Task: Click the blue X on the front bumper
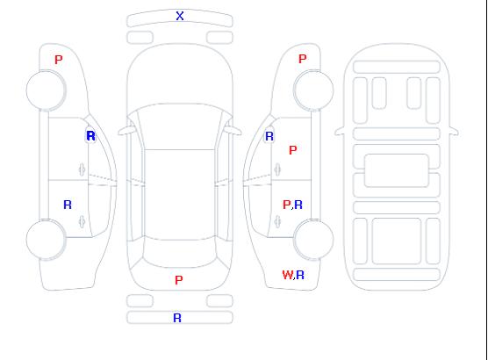pos(180,16)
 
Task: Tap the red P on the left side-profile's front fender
pos(59,60)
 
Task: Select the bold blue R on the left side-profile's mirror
pos(91,136)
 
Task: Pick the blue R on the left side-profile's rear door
pos(68,205)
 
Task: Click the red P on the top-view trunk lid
pos(179,280)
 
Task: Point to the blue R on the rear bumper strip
pos(177,318)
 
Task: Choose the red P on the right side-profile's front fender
pos(303,59)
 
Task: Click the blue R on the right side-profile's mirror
pos(269,136)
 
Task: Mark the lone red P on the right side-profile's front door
pos(293,150)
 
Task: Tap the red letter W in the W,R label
pos(288,275)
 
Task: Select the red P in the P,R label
pos(287,205)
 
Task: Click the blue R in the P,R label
pos(298,205)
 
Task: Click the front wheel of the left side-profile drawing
pos(46,90)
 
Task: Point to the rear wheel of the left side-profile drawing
pos(46,240)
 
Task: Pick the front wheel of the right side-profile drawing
pos(313,90)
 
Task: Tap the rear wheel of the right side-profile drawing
pos(313,240)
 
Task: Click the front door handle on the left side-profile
pos(83,169)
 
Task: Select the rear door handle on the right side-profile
pos(277,221)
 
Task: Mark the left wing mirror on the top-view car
pos(126,131)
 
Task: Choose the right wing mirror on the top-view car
pos(233,131)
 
